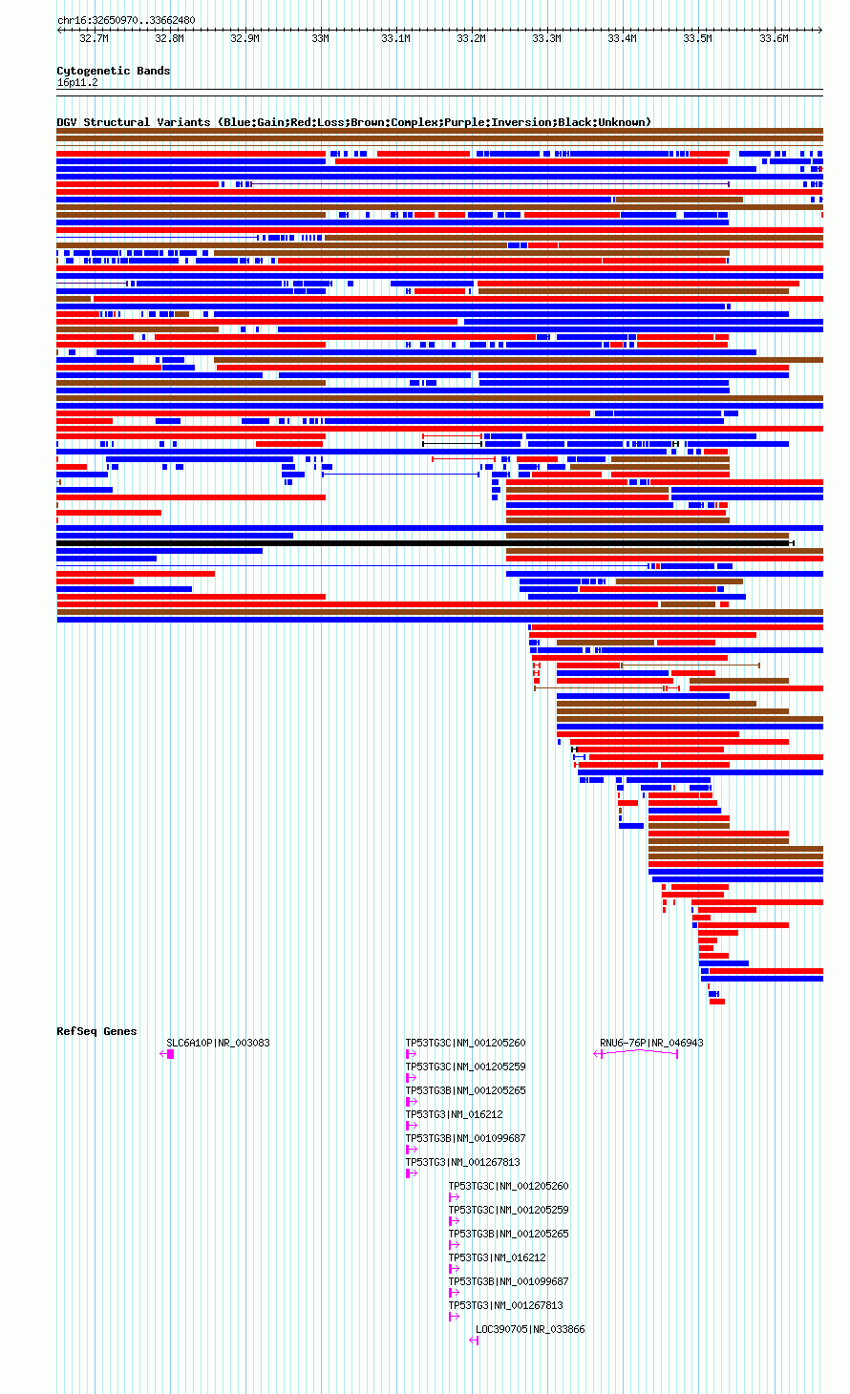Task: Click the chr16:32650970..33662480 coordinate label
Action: [126, 21]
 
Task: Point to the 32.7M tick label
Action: [94, 38]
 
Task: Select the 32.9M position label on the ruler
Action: [244, 38]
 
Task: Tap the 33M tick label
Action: [320, 38]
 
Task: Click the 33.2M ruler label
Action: [471, 38]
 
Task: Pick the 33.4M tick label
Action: [622, 38]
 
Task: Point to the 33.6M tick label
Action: [774, 38]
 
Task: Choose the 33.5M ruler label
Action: [697, 38]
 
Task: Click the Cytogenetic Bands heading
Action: [114, 71]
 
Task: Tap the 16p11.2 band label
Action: [77, 83]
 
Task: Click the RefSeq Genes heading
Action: [96, 1031]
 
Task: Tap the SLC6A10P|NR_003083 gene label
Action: [218, 1043]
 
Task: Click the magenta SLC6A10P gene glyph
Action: [167, 1054]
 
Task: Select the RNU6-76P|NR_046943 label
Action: [651, 1043]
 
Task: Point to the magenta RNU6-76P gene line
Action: [636, 1052]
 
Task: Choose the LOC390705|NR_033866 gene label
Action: [530, 1329]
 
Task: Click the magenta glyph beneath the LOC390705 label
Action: [474, 1341]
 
